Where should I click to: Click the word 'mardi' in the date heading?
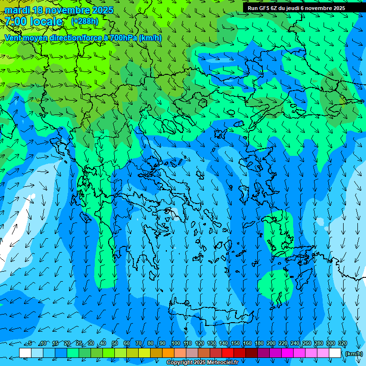[17, 10]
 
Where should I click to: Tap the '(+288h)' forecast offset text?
[84, 21]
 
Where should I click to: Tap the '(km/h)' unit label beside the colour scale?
[354, 354]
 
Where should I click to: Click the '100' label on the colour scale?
[175, 344]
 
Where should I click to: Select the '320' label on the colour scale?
[342, 344]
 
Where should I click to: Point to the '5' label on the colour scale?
[30, 344]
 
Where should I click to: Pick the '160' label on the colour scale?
[247, 344]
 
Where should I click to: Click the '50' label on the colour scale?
[115, 344]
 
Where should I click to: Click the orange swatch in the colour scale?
[168, 353]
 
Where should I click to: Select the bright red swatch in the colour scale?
[228, 353]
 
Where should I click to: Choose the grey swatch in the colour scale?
[192, 353]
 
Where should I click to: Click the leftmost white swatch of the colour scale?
[25, 353]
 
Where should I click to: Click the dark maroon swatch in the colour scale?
[252, 353]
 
